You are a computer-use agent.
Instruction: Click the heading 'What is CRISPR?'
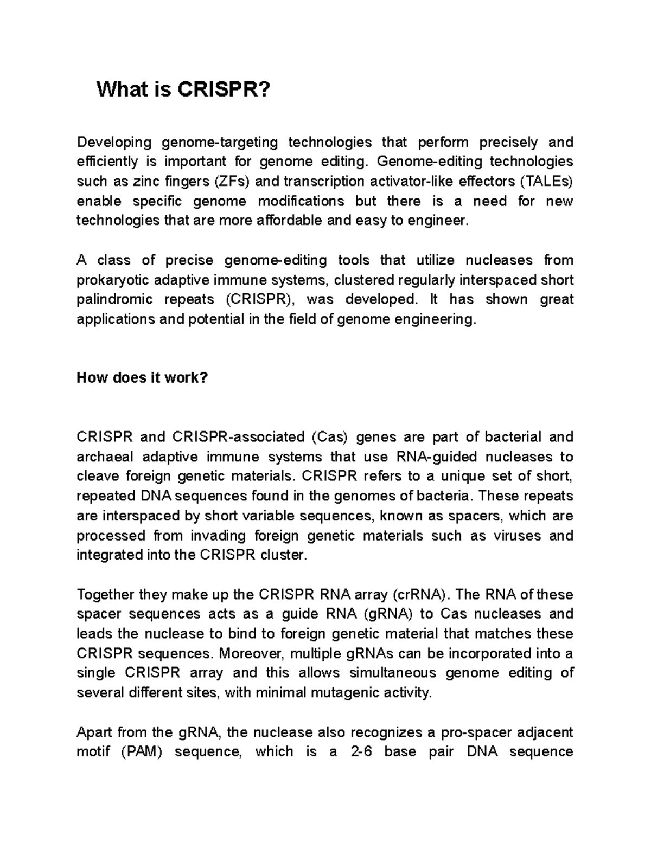point(182,89)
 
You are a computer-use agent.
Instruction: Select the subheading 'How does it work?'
point(142,378)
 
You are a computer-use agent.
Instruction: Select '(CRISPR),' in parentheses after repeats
point(258,299)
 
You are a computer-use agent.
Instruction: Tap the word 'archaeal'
point(104,457)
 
